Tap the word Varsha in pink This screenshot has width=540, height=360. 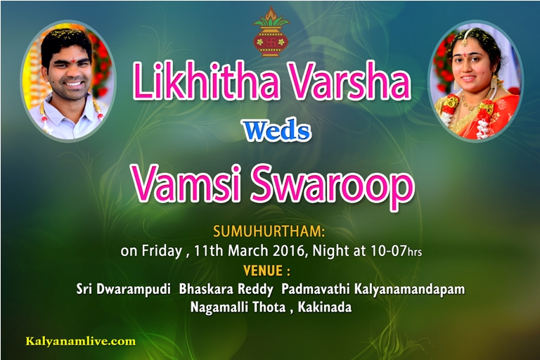[x=349, y=81]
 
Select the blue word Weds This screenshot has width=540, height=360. [x=277, y=131]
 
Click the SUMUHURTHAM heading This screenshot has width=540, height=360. [x=269, y=231]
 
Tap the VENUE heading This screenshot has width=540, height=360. [x=266, y=271]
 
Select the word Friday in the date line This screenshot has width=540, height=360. [x=162, y=251]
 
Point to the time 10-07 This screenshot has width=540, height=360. [x=388, y=250]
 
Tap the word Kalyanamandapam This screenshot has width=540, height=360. [x=409, y=290]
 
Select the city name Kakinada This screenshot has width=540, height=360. [x=324, y=307]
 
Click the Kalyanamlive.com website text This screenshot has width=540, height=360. [x=81, y=342]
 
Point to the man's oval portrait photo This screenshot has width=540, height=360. [x=68, y=81]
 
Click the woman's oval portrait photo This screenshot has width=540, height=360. [x=475, y=81]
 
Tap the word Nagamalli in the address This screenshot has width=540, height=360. [x=219, y=307]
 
